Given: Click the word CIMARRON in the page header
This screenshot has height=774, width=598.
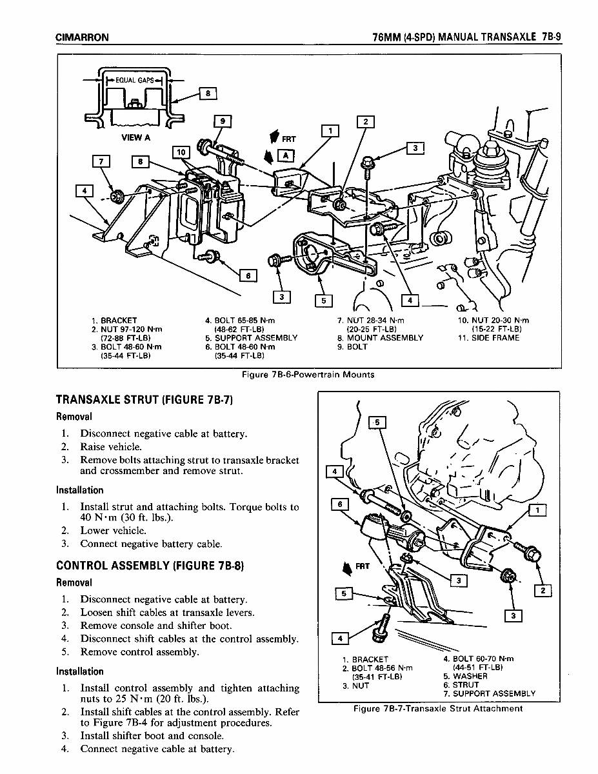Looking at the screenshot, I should tap(82, 37).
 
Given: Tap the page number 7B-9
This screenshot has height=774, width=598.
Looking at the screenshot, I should tap(552, 37).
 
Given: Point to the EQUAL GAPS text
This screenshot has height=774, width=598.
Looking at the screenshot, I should tap(134, 81).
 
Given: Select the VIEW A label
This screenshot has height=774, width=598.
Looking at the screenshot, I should tap(135, 137).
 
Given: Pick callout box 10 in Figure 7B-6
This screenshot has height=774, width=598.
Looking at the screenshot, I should tap(181, 152).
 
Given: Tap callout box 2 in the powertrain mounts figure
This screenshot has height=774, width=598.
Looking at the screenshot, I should tap(365, 122).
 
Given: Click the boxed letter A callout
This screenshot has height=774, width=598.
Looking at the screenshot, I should tap(284, 155).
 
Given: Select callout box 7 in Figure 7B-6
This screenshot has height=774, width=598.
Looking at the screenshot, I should tap(103, 161).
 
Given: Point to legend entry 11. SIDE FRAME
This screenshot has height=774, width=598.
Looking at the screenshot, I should tap(488, 337).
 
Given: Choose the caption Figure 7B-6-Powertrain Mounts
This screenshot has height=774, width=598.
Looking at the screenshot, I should tap(308, 374).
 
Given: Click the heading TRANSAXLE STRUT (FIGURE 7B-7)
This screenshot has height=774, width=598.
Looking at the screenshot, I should tap(144, 400).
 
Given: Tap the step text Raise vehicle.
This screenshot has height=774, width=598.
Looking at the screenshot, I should tap(110, 446).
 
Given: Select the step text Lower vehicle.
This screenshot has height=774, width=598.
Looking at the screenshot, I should tap(113, 531).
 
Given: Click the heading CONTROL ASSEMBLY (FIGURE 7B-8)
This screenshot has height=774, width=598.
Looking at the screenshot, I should tap(149, 566).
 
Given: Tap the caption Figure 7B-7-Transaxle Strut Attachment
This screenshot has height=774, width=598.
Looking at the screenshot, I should tap(438, 708).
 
